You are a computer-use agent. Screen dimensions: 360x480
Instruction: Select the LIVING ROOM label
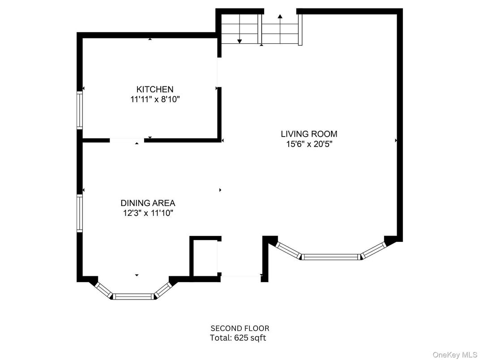tap(309, 133)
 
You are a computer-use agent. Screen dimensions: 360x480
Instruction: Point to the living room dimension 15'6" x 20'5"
tap(309, 144)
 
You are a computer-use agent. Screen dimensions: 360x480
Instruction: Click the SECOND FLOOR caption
tap(240, 329)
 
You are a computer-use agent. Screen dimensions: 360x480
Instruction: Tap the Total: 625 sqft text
tap(238, 338)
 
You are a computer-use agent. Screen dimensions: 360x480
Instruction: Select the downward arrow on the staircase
tap(240, 41)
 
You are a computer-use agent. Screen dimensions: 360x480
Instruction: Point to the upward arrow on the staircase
tap(280, 17)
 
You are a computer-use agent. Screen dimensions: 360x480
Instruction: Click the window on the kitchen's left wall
tap(80, 110)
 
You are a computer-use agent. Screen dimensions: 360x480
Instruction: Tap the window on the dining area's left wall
tap(80, 213)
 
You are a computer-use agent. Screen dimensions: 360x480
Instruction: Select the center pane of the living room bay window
tap(331, 257)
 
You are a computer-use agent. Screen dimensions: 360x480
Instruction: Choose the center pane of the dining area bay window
tap(133, 296)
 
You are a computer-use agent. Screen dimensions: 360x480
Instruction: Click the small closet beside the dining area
tap(204, 259)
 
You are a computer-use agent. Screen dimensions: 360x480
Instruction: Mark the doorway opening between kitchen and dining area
tap(127, 140)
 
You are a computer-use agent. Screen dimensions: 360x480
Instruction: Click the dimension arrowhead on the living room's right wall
tap(396, 140)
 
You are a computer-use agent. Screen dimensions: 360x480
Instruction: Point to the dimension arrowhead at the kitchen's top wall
tap(150, 39)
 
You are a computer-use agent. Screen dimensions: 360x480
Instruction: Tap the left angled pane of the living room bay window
tap(288, 249)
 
